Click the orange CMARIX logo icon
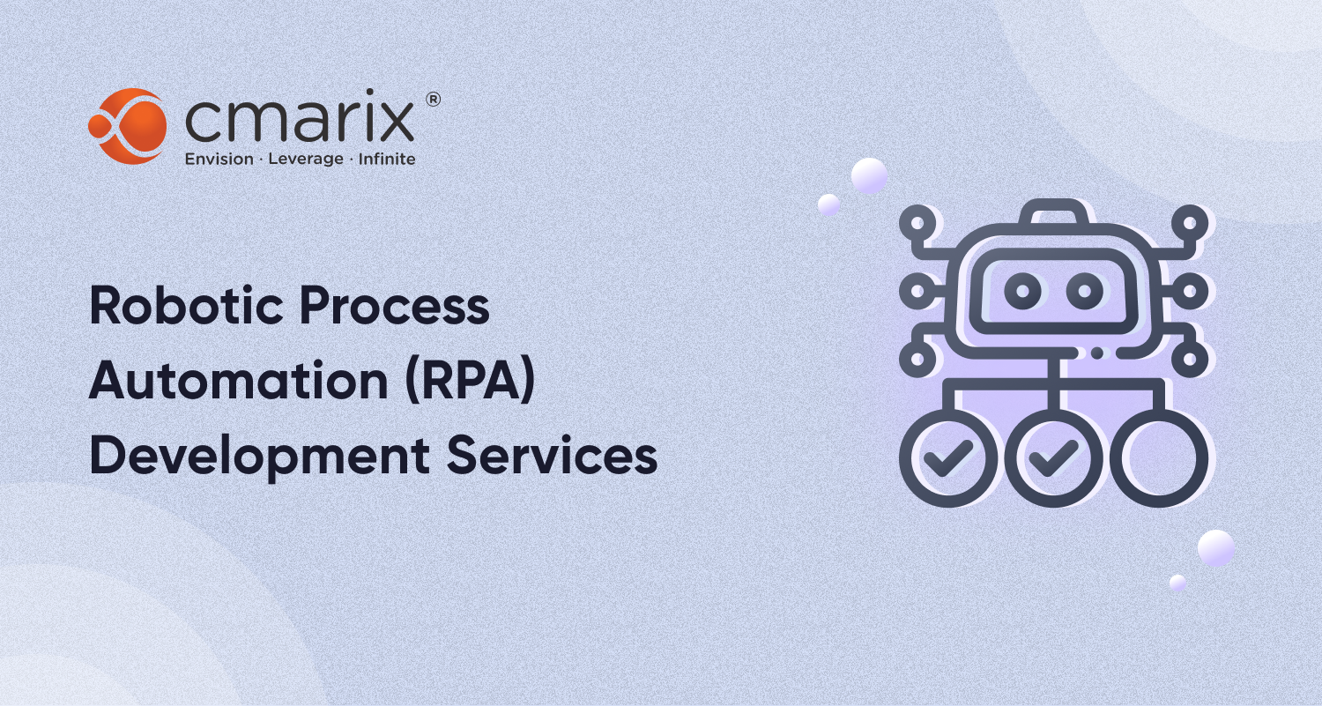[x=127, y=126]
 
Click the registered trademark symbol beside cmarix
[x=433, y=100]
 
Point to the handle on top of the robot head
[x=1054, y=212]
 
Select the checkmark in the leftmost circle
[x=948, y=457]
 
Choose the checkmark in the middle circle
[x=1054, y=457]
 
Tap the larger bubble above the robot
[x=869, y=175]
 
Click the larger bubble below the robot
[x=1216, y=548]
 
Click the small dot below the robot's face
[x=1097, y=352]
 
